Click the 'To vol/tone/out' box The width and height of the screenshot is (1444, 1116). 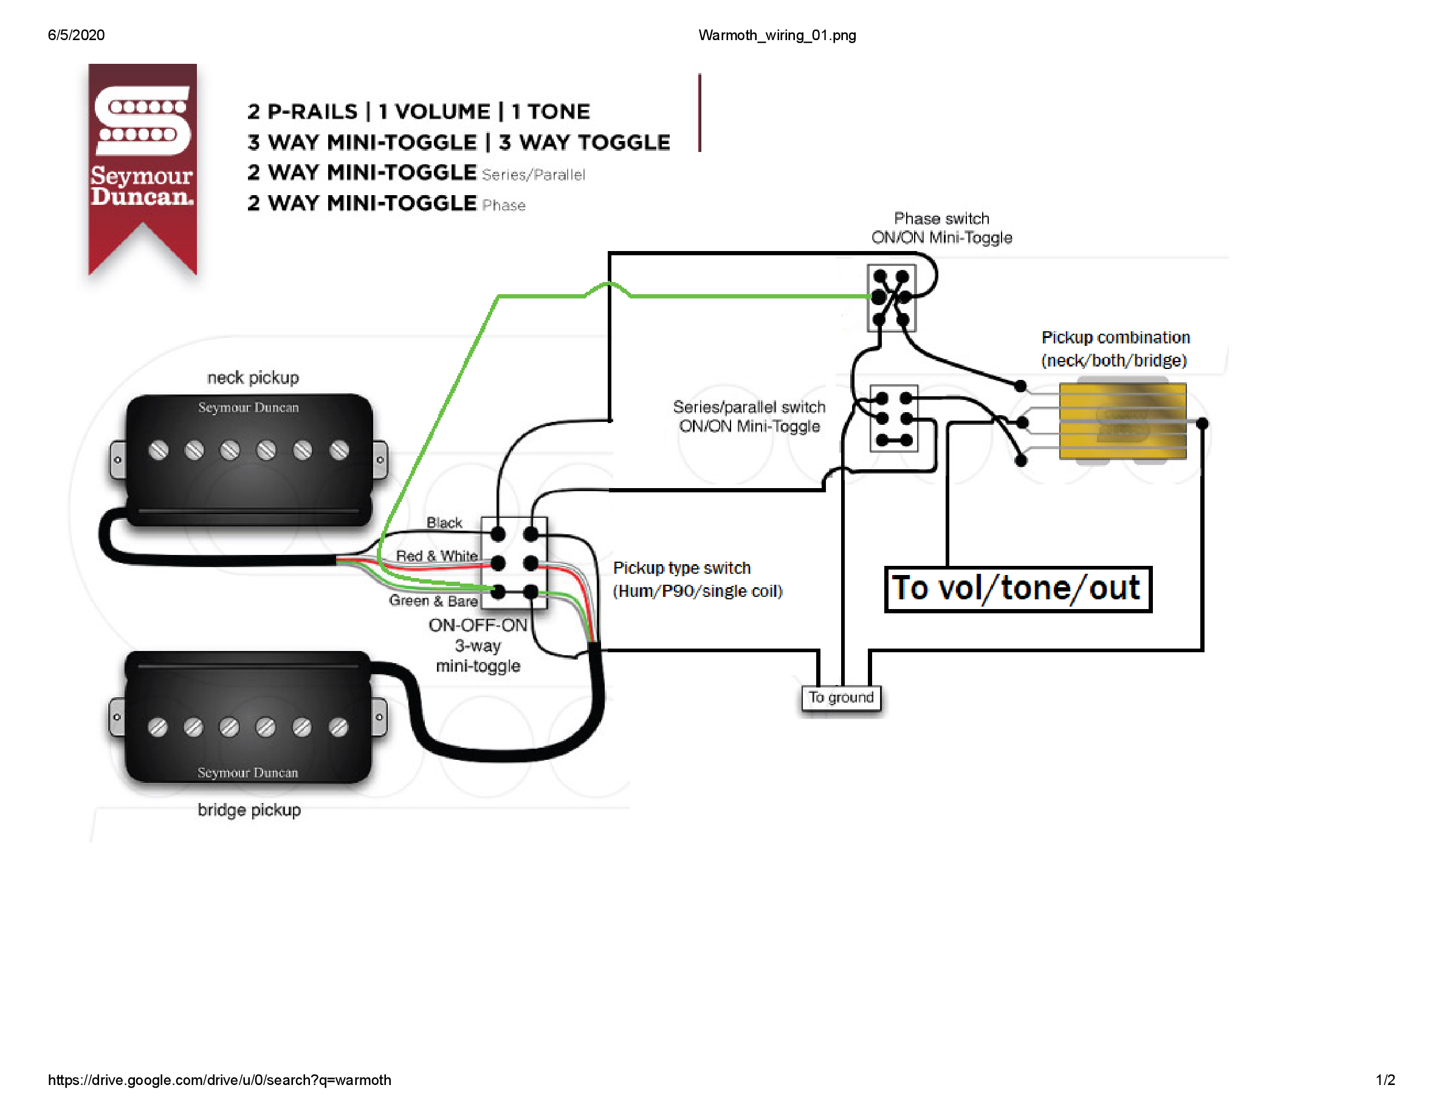[1017, 589]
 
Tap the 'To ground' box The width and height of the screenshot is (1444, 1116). [841, 698]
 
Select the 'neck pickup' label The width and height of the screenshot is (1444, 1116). [253, 377]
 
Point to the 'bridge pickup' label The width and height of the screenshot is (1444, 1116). [249, 810]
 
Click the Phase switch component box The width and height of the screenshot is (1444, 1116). [892, 297]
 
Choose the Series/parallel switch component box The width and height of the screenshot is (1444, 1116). [894, 418]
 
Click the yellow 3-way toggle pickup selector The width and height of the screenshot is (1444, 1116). [1122, 421]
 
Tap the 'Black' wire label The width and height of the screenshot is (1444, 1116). [444, 522]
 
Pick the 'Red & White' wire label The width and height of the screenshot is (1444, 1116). [436, 556]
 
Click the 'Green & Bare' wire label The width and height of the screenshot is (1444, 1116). [433, 601]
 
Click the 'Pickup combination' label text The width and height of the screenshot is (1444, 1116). [1115, 338]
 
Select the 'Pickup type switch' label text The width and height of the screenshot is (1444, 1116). [682, 568]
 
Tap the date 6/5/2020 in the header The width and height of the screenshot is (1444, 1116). [76, 35]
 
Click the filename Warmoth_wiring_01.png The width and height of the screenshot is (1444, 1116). [777, 35]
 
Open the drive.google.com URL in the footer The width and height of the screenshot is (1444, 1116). [219, 1080]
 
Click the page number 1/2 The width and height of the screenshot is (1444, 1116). [1384, 1080]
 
